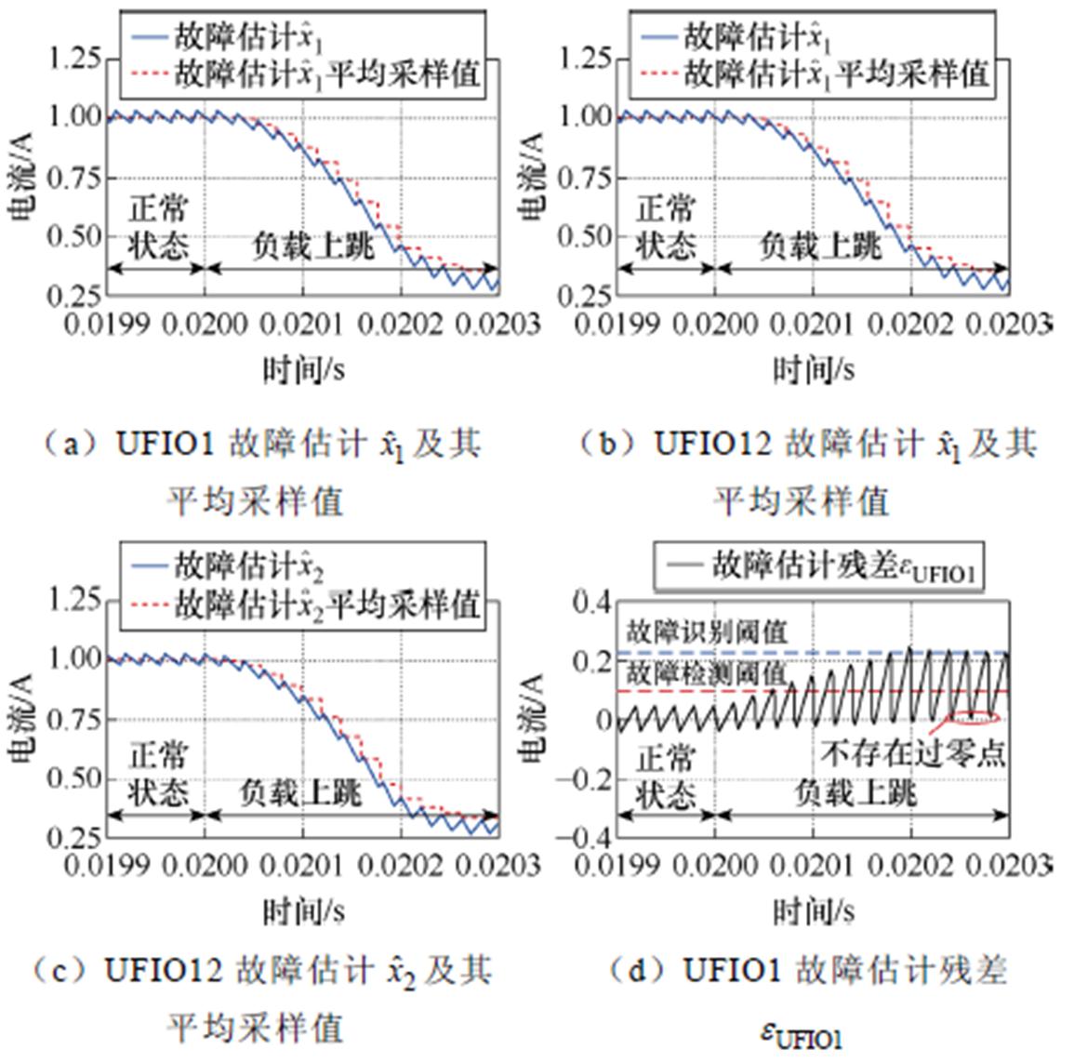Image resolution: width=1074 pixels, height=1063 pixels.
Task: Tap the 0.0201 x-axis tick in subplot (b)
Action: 811,325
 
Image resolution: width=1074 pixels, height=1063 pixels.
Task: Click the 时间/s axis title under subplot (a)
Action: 303,370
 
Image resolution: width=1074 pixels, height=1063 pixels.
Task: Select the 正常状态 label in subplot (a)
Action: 158,227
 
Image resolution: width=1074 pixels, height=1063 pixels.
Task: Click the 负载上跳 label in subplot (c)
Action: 300,792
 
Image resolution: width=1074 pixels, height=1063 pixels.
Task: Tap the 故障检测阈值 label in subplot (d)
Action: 707,674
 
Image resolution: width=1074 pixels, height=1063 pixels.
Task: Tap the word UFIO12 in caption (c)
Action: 164,972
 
